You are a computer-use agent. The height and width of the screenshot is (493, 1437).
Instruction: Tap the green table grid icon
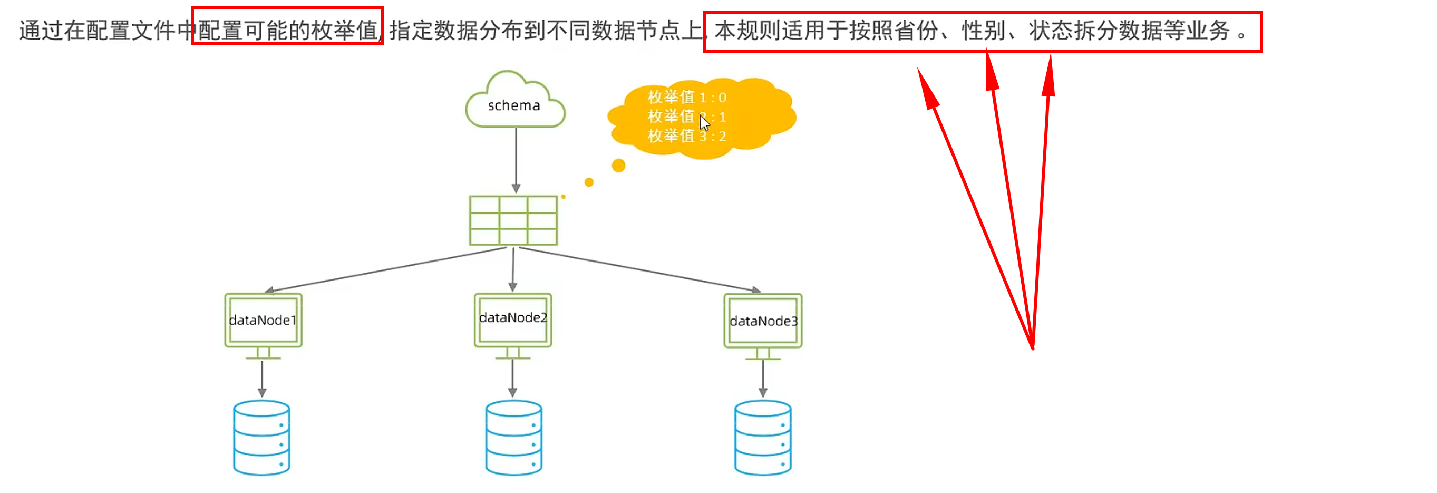[513, 220]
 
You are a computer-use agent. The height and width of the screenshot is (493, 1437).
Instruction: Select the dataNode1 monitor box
[263, 321]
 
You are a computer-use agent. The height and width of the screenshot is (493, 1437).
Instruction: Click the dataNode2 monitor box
[513, 320]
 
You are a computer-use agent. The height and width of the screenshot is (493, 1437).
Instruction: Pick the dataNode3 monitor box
[763, 321]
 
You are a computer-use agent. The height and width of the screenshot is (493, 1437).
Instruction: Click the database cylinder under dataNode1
[261, 438]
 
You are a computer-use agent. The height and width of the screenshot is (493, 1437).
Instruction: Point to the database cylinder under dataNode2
[513, 438]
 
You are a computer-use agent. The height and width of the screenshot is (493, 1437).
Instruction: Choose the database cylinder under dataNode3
[763, 438]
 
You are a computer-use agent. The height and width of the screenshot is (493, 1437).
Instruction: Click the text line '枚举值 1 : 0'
[686, 98]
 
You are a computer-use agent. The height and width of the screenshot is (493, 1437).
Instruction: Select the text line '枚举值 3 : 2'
[686, 136]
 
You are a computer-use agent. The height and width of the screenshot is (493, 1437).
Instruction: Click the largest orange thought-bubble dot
[618, 166]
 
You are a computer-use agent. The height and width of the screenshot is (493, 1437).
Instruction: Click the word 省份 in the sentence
[917, 31]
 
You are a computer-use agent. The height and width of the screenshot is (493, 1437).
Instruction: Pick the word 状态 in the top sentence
[1051, 31]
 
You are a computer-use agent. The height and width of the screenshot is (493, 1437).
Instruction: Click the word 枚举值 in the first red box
[345, 31]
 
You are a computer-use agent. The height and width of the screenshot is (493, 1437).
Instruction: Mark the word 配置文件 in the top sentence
[131, 31]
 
